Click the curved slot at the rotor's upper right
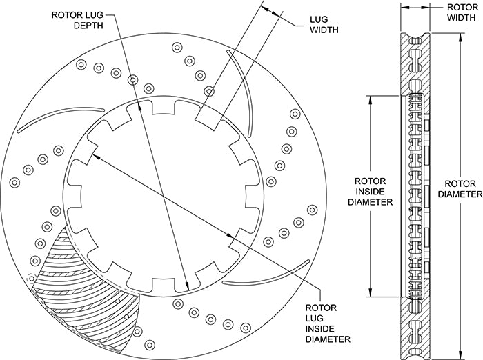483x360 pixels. pyautogui.click(x=243, y=97)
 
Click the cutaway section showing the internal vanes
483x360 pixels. pyautogui.click(x=90, y=290)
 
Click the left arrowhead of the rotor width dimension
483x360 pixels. pyautogui.click(x=404, y=7)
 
